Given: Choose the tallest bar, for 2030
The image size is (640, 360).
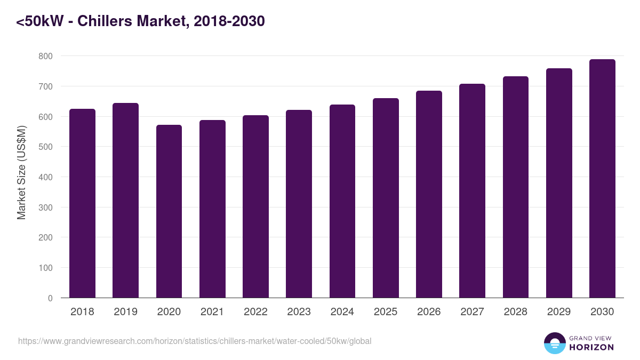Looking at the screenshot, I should pos(602,179).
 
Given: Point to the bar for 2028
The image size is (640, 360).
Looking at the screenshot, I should pos(516,187).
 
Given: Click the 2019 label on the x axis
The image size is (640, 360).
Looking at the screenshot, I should pos(125,312).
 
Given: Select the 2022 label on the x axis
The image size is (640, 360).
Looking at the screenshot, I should pos(255,312).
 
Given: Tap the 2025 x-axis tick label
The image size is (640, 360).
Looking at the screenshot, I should pos(386,312).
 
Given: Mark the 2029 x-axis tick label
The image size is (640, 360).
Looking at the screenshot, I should pos(559,312).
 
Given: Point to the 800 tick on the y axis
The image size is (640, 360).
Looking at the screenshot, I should pos(45,56).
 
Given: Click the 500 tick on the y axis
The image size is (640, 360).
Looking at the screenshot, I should pos(45,147).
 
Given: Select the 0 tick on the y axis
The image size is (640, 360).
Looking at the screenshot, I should pos(50,298).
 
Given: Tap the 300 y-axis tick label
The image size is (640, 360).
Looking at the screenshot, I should pos(45,207).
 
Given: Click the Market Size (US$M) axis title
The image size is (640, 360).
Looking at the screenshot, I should pos(21,173).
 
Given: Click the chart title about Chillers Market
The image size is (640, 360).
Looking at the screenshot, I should pos(141,22).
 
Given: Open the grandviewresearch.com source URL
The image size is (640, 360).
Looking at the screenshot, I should pos(195,341).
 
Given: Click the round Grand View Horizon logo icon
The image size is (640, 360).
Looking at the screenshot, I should pos(555,343).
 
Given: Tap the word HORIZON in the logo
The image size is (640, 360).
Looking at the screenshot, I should pos(592,347).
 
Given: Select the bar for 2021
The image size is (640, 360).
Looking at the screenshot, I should pos(212,209).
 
